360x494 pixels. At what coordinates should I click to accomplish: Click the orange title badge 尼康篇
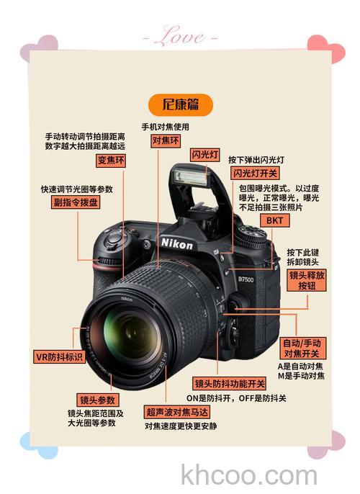pyautogui.click(x=181, y=104)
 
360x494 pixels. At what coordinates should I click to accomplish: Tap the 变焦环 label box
pyautogui.click(x=112, y=160)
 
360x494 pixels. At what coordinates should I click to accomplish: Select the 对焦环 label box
pyautogui.click(x=166, y=141)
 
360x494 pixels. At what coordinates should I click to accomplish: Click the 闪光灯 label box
pyautogui.click(x=204, y=155)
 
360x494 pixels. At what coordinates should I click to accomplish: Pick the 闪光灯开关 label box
pyautogui.click(x=254, y=174)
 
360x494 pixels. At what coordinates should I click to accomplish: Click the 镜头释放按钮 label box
pyautogui.click(x=307, y=280)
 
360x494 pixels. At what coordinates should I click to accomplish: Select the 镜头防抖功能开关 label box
pyautogui.click(x=230, y=384)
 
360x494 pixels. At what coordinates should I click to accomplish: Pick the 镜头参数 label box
pyautogui.click(x=98, y=400)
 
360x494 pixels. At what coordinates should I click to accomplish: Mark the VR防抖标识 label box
pyautogui.click(x=60, y=356)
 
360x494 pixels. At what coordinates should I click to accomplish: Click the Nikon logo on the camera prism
pyautogui.click(x=177, y=243)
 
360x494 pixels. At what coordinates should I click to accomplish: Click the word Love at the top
pyautogui.click(x=179, y=35)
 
